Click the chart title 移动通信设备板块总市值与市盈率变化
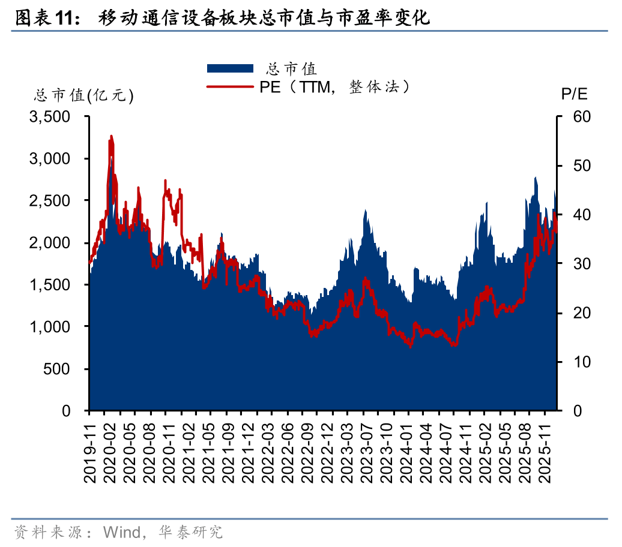pos(264,19)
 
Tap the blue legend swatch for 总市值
pos(230,68)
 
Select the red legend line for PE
pos(230,87)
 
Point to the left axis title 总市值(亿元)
pos(83,95)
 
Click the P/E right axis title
pos(575,94)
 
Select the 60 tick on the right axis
pos(575,117)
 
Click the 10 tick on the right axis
pos(575,362)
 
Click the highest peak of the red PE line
pos(111,137)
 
